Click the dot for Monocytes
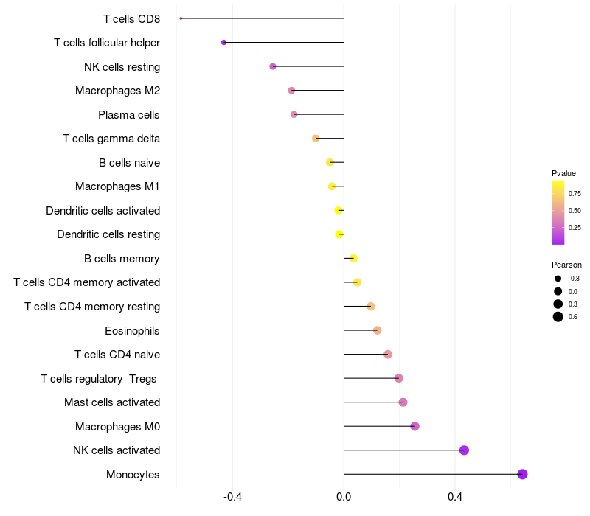[x=522, y=474]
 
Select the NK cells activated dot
[x=464, y=450]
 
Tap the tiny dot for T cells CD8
[x=181, y=18]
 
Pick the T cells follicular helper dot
[x=224, y=43]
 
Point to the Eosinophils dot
[x=377, y=330]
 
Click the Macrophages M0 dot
[x=414, y=426]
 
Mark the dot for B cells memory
[x=353, y=259]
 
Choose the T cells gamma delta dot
[x=316, y=139]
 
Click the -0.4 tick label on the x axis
[x=232, y=497]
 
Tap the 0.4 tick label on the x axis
[x=455, y=497]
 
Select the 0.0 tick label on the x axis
[x=344, y=497]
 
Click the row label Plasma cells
[x=128, y=115]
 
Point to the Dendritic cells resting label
[x=108, y=234]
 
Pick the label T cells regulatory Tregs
[x=99, y=379]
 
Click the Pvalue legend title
[x=563, y=173]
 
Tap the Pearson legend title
[x=566, y=265]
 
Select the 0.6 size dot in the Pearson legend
[x=558, y=317]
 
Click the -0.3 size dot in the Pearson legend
[x=558, y=279]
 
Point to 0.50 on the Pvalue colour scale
[x=575, y=211]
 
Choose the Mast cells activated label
[x=112, y=402]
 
